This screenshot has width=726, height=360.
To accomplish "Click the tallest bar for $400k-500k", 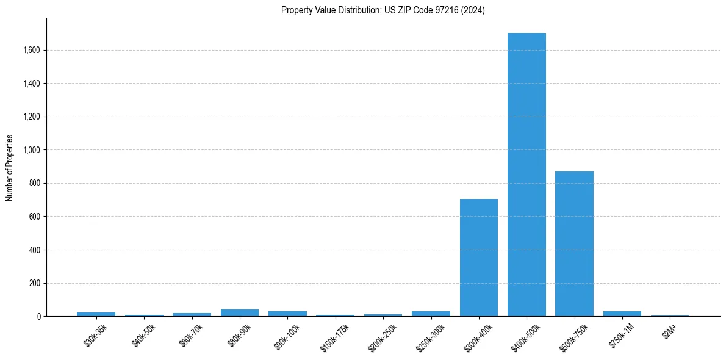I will coord(527,175).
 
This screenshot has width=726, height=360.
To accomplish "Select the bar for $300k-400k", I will coord(479,257).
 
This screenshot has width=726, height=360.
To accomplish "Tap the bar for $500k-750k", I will coord(574,244).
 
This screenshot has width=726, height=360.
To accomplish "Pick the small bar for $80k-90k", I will coord(240,313).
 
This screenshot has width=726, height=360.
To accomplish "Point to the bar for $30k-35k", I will coord(96,314).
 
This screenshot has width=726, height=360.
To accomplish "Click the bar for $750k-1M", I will coord(622,314).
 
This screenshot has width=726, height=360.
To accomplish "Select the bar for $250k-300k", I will coord(431,314).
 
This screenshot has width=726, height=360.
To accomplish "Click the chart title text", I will coord(383,10).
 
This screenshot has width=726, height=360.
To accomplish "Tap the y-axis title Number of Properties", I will coord(10,168).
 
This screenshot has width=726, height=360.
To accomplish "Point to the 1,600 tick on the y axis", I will coord(31,50).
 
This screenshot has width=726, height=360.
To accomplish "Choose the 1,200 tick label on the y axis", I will coord(31,117).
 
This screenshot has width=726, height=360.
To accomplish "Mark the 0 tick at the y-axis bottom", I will coord(39,317).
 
